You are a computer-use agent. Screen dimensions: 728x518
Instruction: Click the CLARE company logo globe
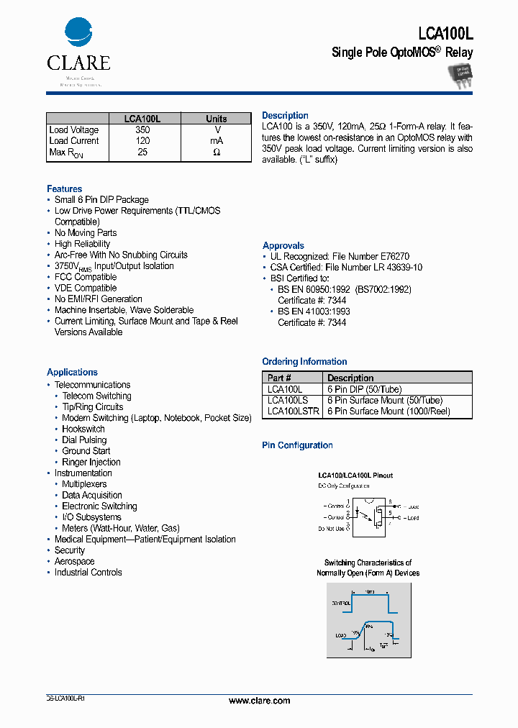[x=78, y=33]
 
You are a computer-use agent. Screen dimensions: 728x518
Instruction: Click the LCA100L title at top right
[x=445, y=33]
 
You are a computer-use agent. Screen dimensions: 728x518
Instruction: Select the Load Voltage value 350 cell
[x=142, y=130]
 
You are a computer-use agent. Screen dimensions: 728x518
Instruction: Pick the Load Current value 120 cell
[x=142, y=141]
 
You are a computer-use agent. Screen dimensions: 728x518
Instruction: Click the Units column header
[x=216, y=119]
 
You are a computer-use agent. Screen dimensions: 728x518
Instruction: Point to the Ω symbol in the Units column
[x=216, y=153]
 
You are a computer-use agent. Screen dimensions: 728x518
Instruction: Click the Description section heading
[x=285, y=116]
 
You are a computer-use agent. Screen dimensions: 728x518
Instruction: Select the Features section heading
[x=64, y=188]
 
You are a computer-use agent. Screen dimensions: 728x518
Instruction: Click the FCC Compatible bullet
[x=85, y=277]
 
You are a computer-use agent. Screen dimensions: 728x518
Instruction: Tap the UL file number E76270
[x=394, y=256]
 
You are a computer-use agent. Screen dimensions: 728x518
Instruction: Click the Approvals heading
[x=283, y=245]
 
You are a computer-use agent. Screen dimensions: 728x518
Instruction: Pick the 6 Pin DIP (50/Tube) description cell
[x=365, y=389]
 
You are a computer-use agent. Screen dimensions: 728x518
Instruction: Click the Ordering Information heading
[x=304, y=362]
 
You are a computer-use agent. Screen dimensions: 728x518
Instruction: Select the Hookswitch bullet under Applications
[x=83, y=429]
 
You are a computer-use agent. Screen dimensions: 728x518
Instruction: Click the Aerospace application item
[x=74, y=561]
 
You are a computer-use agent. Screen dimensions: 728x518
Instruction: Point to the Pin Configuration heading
[x=297, y=445]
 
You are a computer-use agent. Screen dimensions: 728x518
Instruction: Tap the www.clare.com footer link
[x=259, y=701]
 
